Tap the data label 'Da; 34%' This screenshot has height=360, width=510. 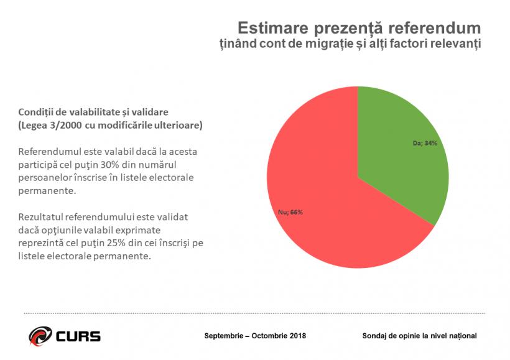click(x=425, y=143)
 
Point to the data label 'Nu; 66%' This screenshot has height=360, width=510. click(x=290, y=212)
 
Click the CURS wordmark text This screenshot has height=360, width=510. click(x=78, y=336)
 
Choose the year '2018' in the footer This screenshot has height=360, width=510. click(x=295, y=336)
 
